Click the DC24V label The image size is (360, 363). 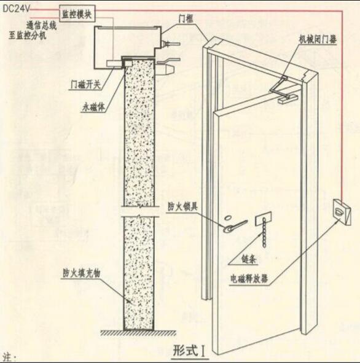pyautogui.click(x=16, y=9)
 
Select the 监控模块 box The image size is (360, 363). pyautogui.click(x=77, y=14)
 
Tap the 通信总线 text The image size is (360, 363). pyautogui.click(x=41, y=25)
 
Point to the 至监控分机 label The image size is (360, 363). pyautogui.click(x=28, y=35)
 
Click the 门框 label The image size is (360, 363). pyautogui.click(x=186, y=18)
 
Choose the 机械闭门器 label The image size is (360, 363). pyautogui.click(x=318, y=39)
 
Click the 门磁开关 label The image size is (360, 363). pyautogui.click(x=85, y=85)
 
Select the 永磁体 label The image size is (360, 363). pyautogui.click(x=93, y=107)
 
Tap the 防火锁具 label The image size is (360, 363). pyautogui.click(x=182, y=206)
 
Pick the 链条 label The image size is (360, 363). pyautogui.click(x=249, y=260)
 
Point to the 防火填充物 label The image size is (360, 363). pyautogui.click(x=82, y=273)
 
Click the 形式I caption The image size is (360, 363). pyautogui.click(x=189, y=350)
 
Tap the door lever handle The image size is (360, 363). pyautogui.click(x=235, y=225)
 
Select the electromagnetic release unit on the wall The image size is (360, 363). pyautogui.click(x=342, y=213)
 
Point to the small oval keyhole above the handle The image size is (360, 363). pyautogui.click(x=228, y=217)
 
